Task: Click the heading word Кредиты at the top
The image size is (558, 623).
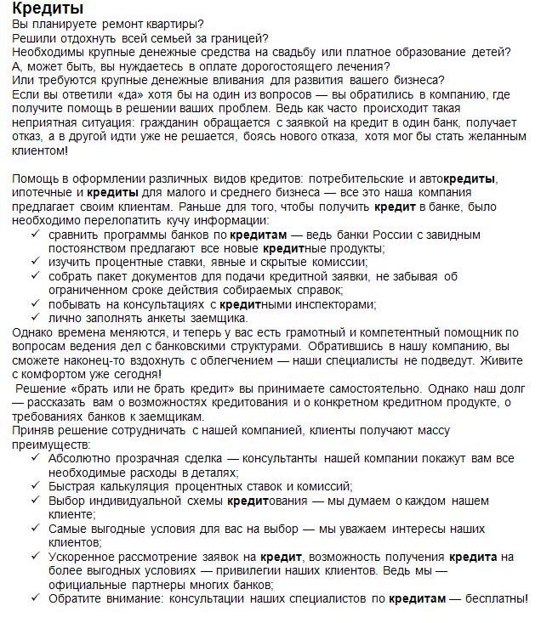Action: click(x=48, y=9)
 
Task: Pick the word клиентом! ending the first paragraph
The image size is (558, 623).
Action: click(x=41, y=150)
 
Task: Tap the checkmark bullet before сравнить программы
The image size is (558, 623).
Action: click(x=34, y=234)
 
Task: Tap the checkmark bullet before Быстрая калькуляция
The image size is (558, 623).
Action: click(x=34, y=485)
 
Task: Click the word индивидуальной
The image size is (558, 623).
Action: click(x=134, y=500)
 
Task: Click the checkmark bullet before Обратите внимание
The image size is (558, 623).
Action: click(x=34, y=598)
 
